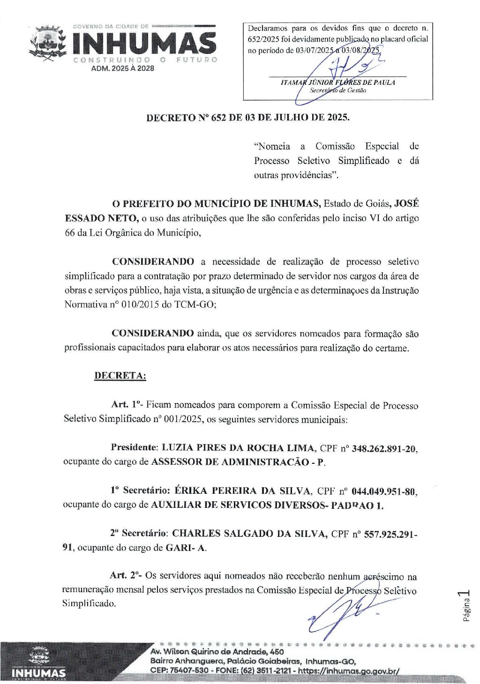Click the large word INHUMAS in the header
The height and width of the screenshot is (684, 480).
[x=144, y=44]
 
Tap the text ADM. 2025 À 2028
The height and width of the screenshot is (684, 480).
[x=122, y=68]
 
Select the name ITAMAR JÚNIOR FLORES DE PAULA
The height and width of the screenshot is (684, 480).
[x=337, y=82]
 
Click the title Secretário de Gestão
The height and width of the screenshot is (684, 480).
[x=337, y=90]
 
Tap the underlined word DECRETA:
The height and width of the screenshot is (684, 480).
[x=120, y=376]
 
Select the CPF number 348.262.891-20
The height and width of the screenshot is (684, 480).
[x=383, y=448]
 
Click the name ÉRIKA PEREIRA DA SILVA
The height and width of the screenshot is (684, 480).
[x=242, y=491]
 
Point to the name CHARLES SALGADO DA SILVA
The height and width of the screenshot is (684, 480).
[x=249, y=534]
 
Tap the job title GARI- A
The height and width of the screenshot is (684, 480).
[x=186, y=548]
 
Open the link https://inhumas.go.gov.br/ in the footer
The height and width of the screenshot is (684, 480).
[x=349, y=670]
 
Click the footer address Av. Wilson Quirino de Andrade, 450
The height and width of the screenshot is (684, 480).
[x=217, y=652]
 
